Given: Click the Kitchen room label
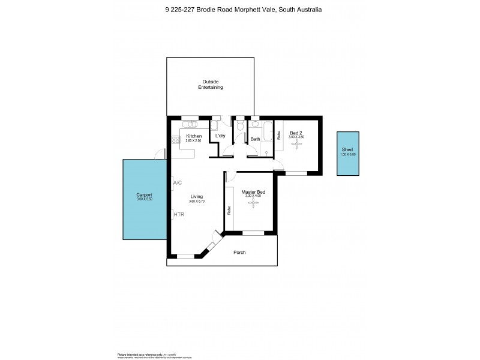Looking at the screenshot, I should (x=193, y=136).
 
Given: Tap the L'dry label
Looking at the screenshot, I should (x=220, y=136).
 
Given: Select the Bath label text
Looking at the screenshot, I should (x=255, y=139).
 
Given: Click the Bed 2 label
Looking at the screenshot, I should (x=296, y=133).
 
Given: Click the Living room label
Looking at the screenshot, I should (x=197, y=197).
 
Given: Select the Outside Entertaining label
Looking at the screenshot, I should (x=211, y=85).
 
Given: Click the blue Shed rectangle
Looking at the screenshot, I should (x=347, y=153).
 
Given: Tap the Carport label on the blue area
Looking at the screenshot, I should (x=144, y=196).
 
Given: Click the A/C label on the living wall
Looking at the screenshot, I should (x=178, y=182).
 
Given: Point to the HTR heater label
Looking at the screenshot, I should (x=178, y=214).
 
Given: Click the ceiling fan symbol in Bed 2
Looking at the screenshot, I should (x=296, y=145).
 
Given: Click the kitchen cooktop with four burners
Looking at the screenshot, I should (x=176, y=142).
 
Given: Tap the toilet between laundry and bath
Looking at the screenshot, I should (x=240, y=126).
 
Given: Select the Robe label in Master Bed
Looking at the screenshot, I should (x=229, y=210).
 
